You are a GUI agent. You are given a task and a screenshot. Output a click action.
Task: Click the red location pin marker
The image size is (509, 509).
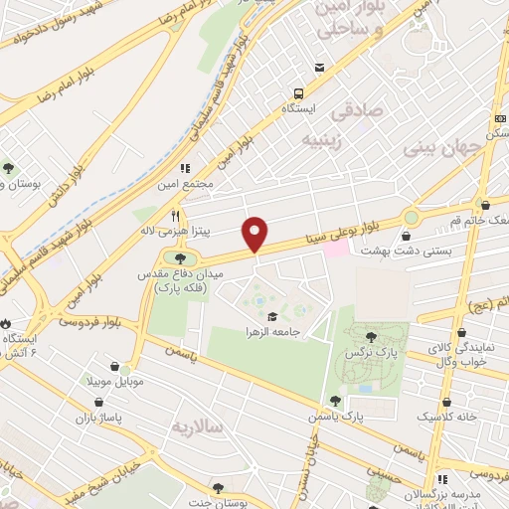(256, 233)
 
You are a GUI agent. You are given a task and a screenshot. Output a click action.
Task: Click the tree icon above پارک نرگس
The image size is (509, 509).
(372, 337)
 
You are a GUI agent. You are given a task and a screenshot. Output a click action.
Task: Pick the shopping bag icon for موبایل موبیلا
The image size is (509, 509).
(112, 367)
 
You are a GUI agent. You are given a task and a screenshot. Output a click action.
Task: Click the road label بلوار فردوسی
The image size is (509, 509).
(88, 320)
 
